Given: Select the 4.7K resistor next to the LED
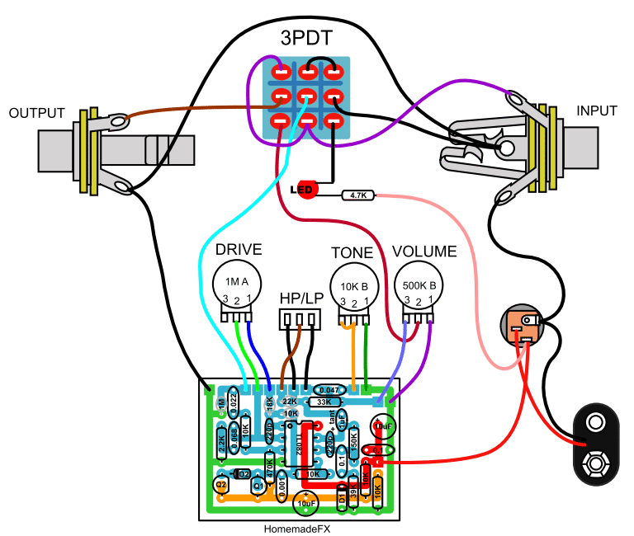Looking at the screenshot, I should click(358, 195).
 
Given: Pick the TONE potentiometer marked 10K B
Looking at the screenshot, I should click(354, 284).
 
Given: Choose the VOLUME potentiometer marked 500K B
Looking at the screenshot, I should click(419, 284).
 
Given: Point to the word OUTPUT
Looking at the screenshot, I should click(36, 112).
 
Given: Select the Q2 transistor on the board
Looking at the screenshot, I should click(221, 485).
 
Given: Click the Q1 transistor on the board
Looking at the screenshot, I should click(258, 486).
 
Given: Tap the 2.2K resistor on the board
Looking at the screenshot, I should click(222, 445).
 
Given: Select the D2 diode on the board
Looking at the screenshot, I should click(241, 473).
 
